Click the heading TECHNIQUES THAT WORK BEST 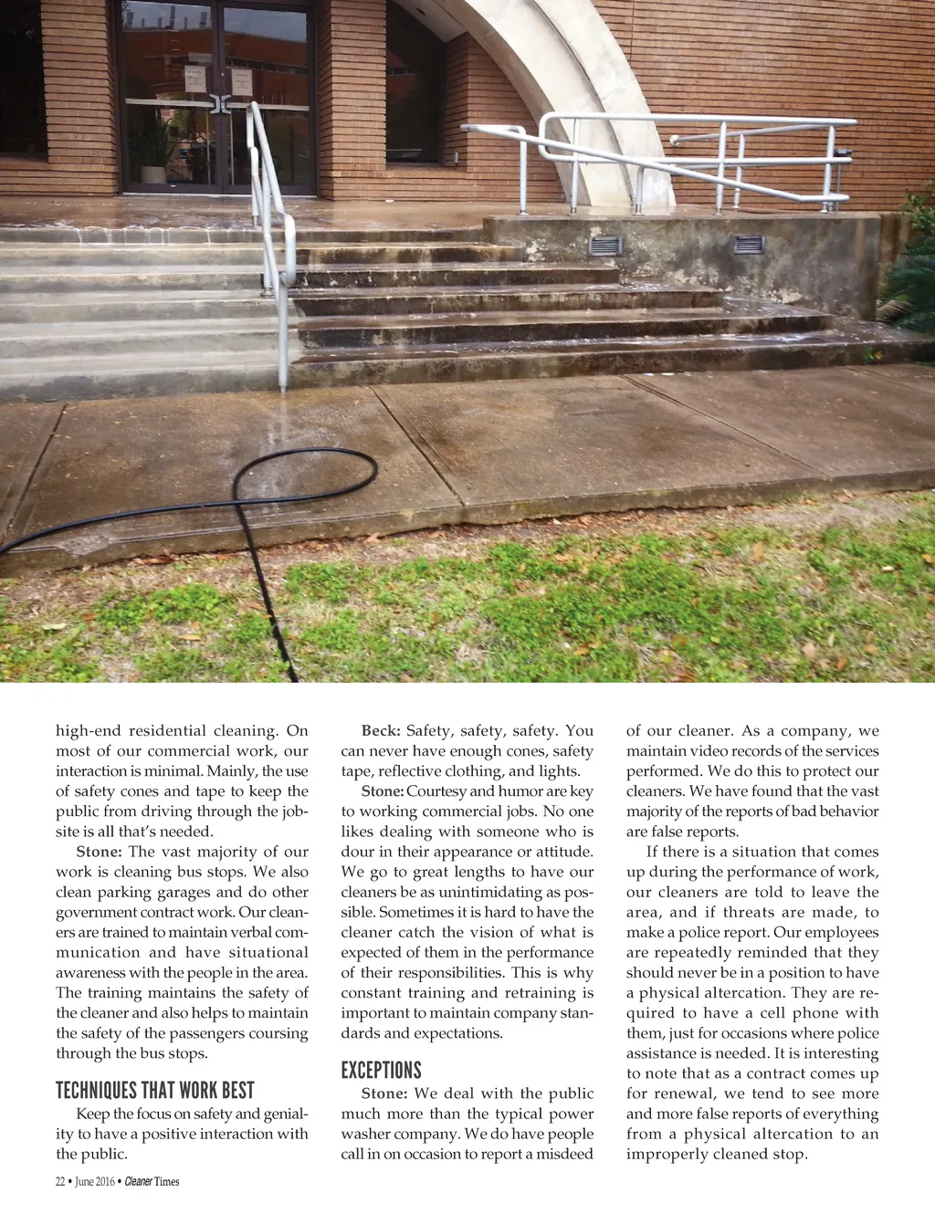point(154,1091)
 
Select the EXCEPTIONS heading point(381,1071)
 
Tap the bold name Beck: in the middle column point(381,731)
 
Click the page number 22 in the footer point(60,1182)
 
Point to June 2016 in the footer point(95,1182)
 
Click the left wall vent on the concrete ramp point(605,245)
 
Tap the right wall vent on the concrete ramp point(749,245)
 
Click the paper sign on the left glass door point(194,79)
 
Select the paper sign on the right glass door point(241,81)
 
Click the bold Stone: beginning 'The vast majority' point(99,852)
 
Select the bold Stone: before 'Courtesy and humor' point(383,791)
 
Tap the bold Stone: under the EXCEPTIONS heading point(383,1094)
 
